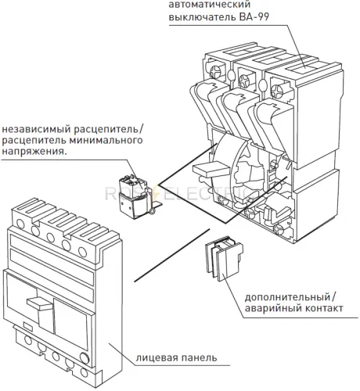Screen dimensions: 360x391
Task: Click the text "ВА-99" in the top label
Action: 254,17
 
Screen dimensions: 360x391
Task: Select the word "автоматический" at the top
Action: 210,5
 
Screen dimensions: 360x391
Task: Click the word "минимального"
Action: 106,140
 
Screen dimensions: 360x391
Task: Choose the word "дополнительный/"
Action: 291,297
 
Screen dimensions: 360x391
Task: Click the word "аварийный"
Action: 272,308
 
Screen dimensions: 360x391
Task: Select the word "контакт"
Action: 323,308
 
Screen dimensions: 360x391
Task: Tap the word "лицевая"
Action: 157,358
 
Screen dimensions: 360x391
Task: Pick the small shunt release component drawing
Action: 135,197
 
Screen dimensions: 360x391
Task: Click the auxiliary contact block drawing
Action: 224,258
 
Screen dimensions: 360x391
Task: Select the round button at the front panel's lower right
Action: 85,358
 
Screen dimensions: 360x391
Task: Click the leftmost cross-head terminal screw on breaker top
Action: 216,71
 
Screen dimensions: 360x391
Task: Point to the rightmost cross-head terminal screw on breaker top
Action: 277,91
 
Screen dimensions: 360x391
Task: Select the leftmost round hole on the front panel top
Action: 20,224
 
